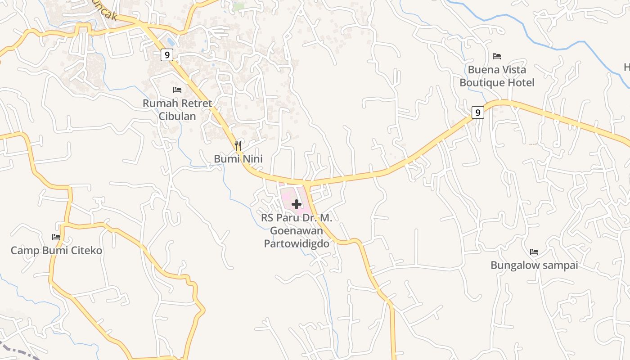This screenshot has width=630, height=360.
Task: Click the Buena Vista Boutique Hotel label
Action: [497, 76]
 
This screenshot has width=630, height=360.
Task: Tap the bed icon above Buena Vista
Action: [497, 56]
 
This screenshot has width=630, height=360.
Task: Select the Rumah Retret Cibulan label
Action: [177, 109]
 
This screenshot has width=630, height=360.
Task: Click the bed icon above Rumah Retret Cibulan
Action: [177, 90]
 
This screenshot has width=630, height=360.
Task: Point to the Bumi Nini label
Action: [238, 159]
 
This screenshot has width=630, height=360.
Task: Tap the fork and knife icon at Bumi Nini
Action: [238, 145]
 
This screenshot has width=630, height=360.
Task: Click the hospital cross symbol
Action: [297, 204]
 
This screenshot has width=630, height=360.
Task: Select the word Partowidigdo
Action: [297, 244]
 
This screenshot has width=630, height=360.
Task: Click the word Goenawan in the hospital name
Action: [297, 231]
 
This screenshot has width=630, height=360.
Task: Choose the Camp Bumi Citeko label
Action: [57, 251]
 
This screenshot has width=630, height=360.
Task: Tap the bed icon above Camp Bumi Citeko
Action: [56, 237]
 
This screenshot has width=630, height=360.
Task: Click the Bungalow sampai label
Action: [534, 265]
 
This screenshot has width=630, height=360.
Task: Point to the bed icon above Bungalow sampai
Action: [534, 252]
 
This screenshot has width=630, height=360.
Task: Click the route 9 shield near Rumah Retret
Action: [166, 55]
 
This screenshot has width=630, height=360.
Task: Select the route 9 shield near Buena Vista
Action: [478, 112]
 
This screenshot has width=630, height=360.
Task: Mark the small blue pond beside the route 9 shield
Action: [171, 41]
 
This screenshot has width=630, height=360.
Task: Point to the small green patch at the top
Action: [239, 7]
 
